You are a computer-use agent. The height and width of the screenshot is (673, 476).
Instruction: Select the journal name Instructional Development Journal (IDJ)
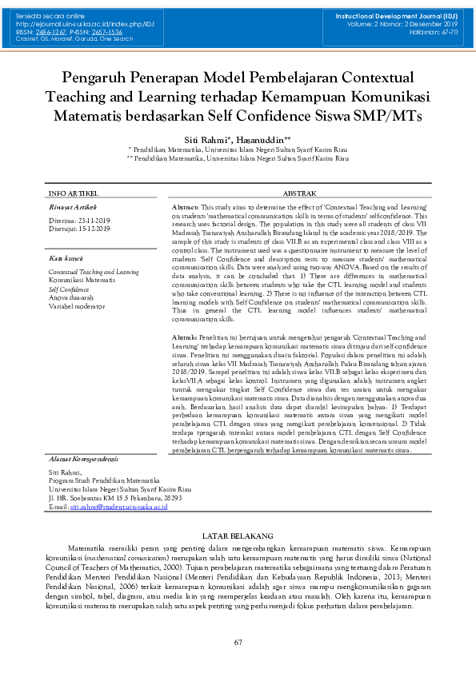[x=396, y=17]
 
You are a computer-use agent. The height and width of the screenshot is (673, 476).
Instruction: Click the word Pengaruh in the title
[x=99, y=78]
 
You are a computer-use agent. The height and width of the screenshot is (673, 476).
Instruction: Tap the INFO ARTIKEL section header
[x=74, y=193]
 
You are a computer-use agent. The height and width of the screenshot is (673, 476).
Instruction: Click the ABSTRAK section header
[x=300, y=193]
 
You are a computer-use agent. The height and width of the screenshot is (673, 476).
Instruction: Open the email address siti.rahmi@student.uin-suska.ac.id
[x=118, y=507]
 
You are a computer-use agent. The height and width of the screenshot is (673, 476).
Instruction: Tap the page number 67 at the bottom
[x=238, y=643]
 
